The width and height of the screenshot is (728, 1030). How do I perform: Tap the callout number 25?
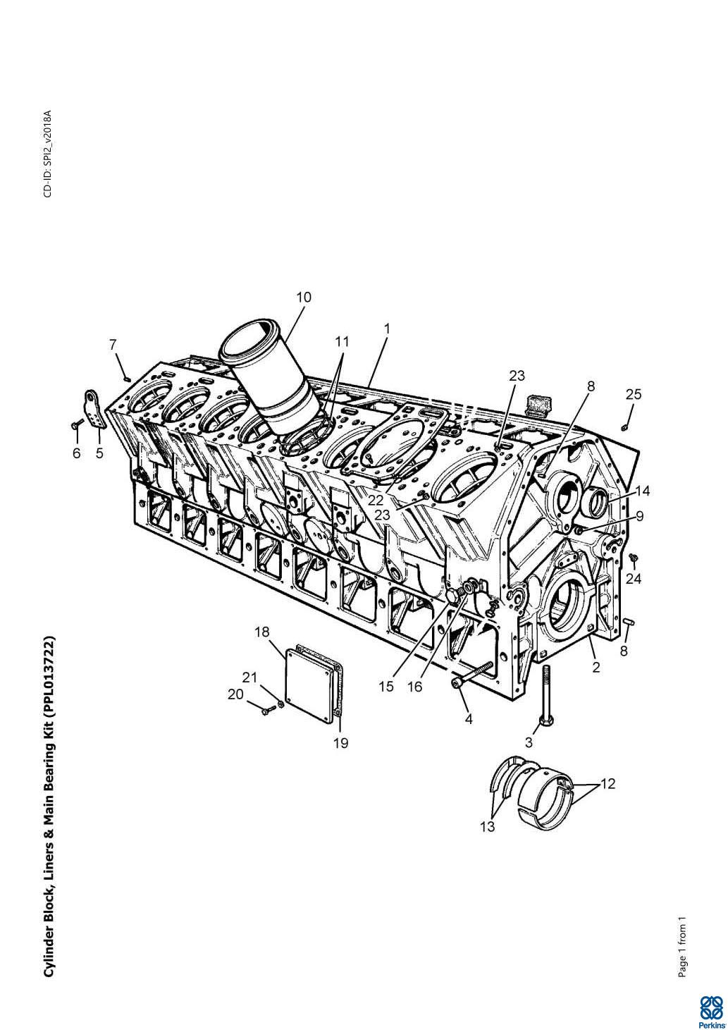633,394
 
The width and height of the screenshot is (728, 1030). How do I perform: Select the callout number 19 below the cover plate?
341,742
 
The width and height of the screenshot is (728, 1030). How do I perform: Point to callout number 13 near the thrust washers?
488,826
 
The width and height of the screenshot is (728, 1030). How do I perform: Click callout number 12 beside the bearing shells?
607,783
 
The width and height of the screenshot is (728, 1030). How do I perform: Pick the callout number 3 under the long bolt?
529,742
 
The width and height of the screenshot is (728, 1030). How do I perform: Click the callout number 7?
113,344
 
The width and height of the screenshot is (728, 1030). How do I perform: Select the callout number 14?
643,491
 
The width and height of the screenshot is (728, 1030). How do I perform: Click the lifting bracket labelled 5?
95,409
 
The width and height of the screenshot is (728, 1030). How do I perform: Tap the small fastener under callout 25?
624,428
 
